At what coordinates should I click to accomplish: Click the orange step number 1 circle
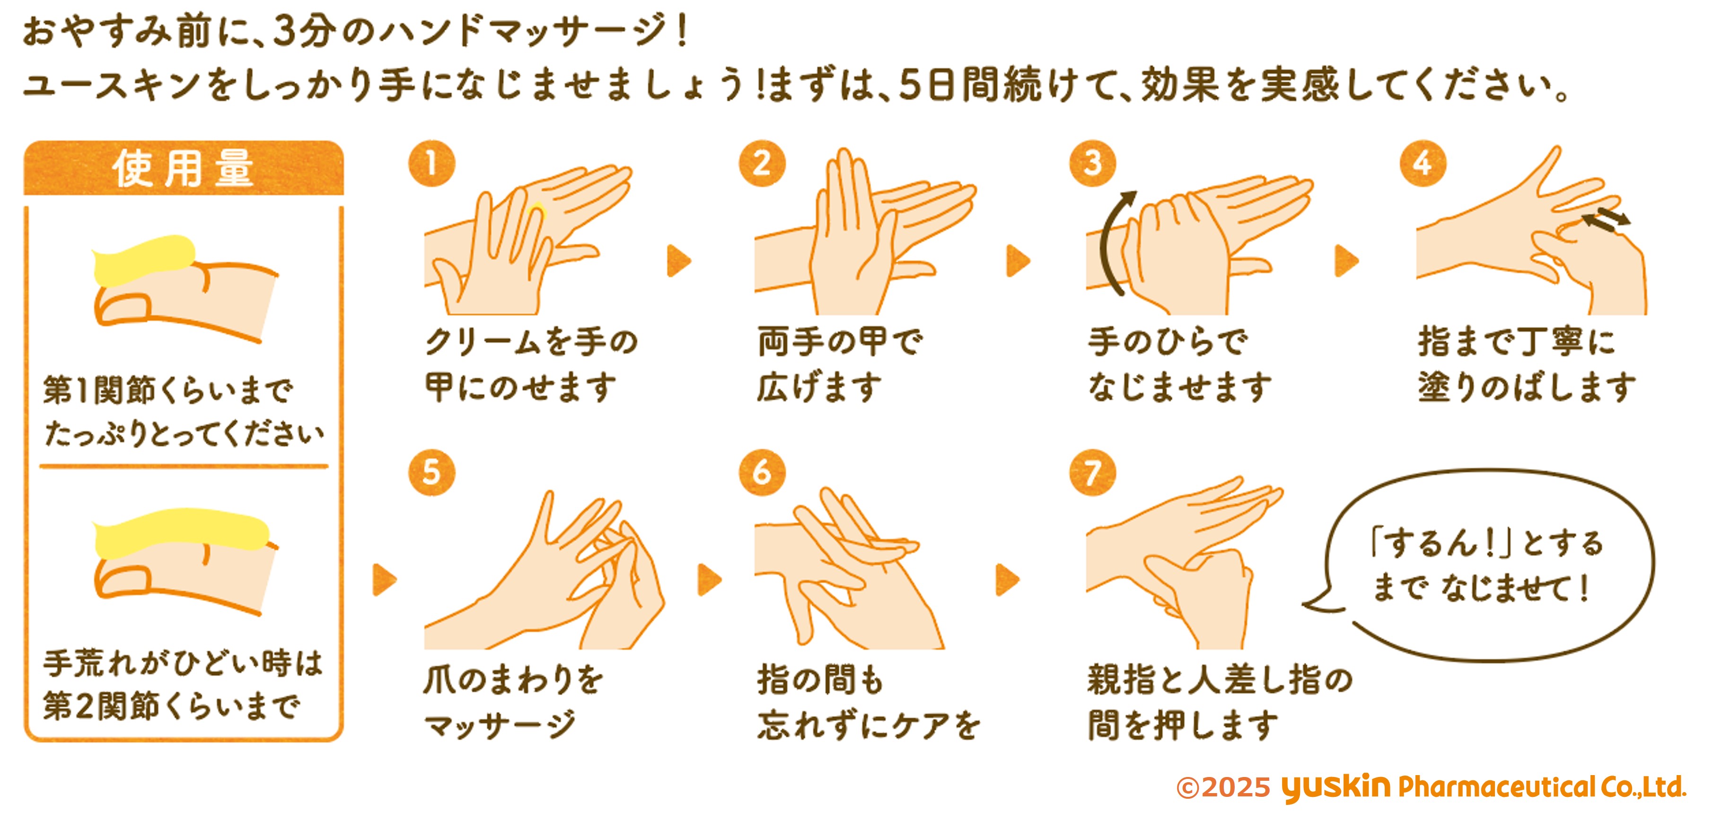pyautogui.click(x=432, y=164)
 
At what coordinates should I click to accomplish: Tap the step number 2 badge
pyautogui.click(x=762, y=164)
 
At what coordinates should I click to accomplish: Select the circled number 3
pyautogui.click(x=1092, y=164)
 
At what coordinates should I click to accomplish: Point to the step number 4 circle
pyautogui.click(x=1423, y=164)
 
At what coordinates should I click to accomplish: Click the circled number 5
pyautogui.click(x=432, y=473)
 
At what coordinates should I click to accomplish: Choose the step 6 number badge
pyautogui.click(x=762, y=473)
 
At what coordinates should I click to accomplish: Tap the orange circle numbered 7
pyautogui.click(x=1092, y=473)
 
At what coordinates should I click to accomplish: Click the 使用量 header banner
pyautogui.click(x=184, y=168)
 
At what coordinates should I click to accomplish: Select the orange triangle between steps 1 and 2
pyautogui.click(x=678, y=261)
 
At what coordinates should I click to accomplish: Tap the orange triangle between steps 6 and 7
pyautogui.click(x=1007, y=579)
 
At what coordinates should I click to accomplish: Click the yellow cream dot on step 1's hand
pyautogui.click(x=537, y=212)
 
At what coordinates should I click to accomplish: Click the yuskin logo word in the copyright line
pyautogui.click(x=1335, y=787)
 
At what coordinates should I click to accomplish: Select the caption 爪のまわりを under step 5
pyautogui.click(x=513, y=680)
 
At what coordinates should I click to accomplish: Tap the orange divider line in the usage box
pyautogui.click(x=184, y=466)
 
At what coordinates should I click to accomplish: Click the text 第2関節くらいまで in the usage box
pyautogui.click(x=172, y=706)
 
